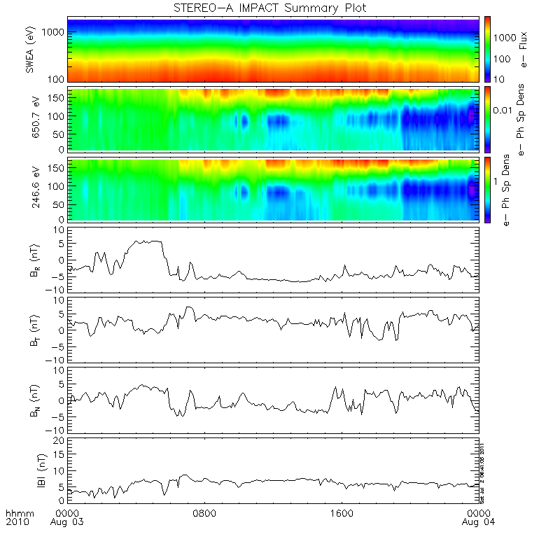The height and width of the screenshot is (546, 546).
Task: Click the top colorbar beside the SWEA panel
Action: [487, 49]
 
